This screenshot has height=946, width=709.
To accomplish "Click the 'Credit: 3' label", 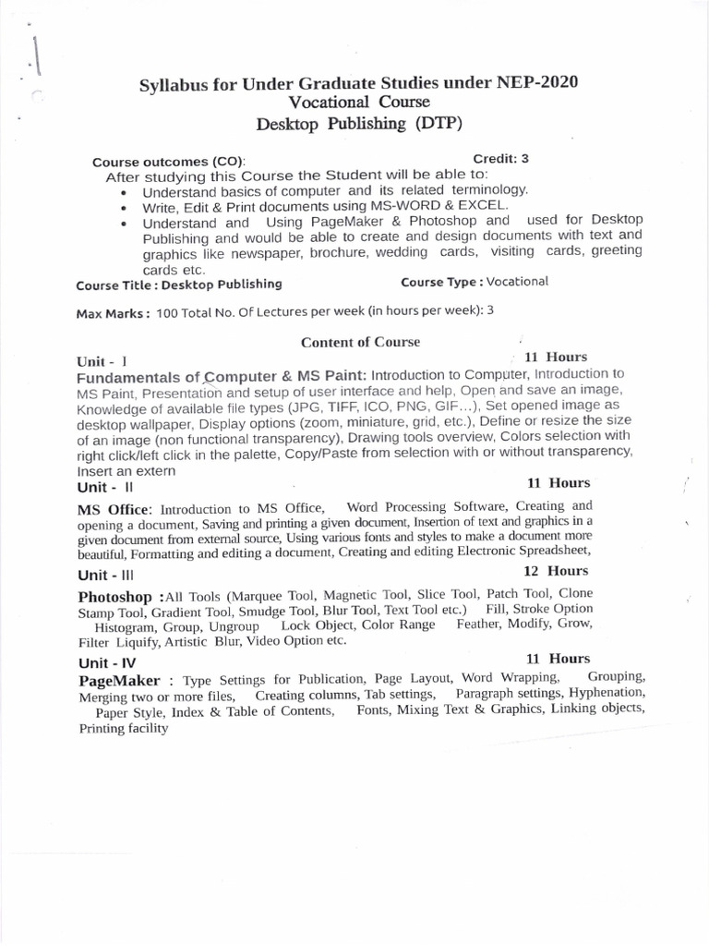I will point(500,158).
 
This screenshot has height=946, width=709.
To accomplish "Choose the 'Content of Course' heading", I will point(360,342).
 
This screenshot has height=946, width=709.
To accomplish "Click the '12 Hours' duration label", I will point(556,571).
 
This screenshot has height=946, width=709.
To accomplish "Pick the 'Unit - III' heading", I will point(107,574).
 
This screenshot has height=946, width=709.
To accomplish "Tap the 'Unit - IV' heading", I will point(107,662).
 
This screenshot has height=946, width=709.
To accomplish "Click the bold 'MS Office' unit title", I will point(117,508).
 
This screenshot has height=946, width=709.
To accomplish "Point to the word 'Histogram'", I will point(126,625).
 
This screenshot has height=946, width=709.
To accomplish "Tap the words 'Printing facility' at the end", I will point(124,728).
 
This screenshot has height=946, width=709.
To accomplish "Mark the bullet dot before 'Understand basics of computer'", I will point(124,192).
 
